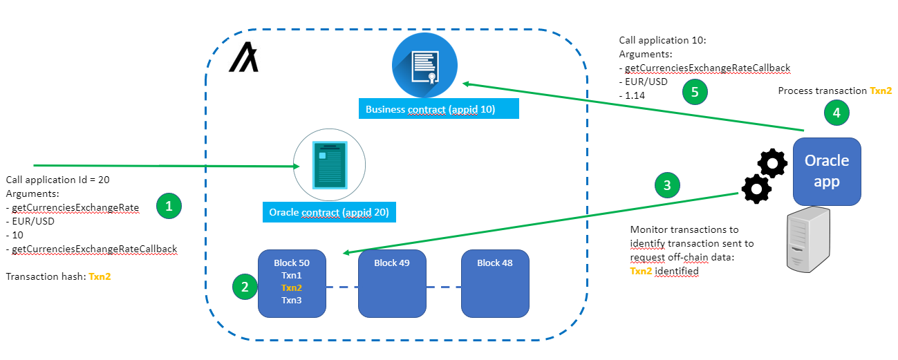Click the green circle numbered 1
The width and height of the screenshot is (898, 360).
point(169,205)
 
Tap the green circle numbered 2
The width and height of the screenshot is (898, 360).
point(245,287)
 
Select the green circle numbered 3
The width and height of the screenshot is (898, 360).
point(666,184)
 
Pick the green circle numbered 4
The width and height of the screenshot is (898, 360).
point(836,113)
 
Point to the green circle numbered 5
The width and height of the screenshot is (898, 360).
point(695,91)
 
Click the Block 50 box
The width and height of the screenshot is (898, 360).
point(291,283)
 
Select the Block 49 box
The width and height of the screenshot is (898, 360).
point(392,283)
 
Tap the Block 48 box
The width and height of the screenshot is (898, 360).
point(495,283)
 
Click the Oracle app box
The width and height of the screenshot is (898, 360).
point(827,171)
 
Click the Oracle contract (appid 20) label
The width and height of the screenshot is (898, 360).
point(328,212)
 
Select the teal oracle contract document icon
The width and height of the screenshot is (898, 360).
point(330,166)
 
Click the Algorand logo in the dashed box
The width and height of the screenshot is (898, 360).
point(243,57)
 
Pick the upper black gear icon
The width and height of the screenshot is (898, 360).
point(772,164)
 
